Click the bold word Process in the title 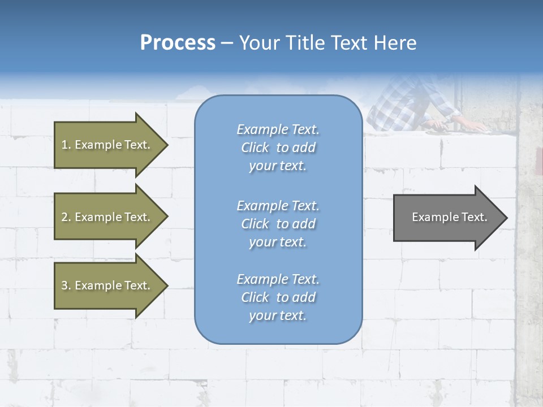click(x=178, y=43)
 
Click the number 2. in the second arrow click(x=65, y=217)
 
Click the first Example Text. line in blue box click(x=278, y=129)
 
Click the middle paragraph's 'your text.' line click(x=278, y=242)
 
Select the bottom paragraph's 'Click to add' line click(x=278, y=297)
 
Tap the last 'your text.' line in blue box click(x=278, y=315)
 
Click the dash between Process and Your click(x=227, y=43)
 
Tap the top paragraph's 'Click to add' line click(x=278, y=148)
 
